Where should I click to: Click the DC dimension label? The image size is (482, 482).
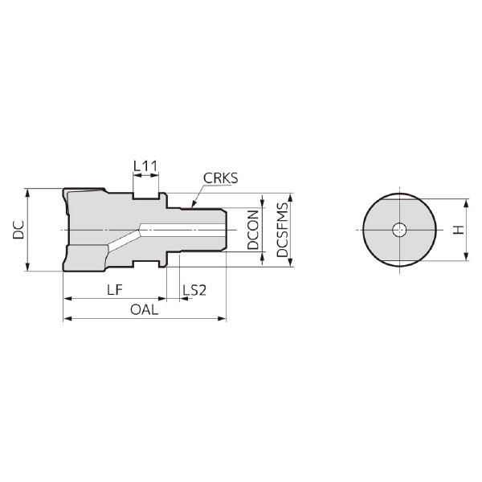point(18,230)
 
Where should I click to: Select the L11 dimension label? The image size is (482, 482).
point(145,166)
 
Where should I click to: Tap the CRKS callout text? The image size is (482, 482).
point(220,178)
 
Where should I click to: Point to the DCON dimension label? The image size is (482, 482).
point(253,230)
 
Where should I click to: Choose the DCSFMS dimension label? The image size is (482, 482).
point(283,230)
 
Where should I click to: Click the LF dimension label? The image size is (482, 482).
point(115,290)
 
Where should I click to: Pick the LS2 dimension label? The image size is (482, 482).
point(194,290)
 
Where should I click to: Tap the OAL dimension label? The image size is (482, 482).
point(144,310)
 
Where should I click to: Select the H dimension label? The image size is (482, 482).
point(459,230)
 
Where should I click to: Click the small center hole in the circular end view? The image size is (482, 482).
point(399,230)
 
